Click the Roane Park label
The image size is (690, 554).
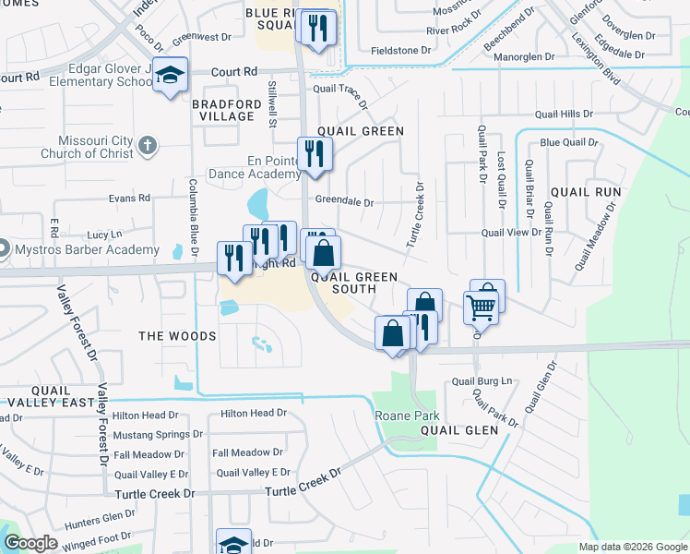pyautogui.click(x=403, y=416)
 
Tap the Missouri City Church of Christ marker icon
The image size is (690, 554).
pyautogui.click(x=148, y=146)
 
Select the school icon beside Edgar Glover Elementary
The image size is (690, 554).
pyautogui.click(x=171, y=76)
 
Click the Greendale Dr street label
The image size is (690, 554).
pyautogui.click(x=344, y=202)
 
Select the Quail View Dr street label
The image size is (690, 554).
pyautogui.click(x=511, y=233)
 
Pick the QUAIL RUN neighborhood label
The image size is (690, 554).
pyautogui.click(x=586, y=192)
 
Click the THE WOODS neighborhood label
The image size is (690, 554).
pyautogui.click(x=177, y=336)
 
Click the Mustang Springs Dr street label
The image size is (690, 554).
pyautogui.click(x=152, y=434)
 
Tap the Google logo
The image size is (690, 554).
pyautogui.click(x=31, y=544)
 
